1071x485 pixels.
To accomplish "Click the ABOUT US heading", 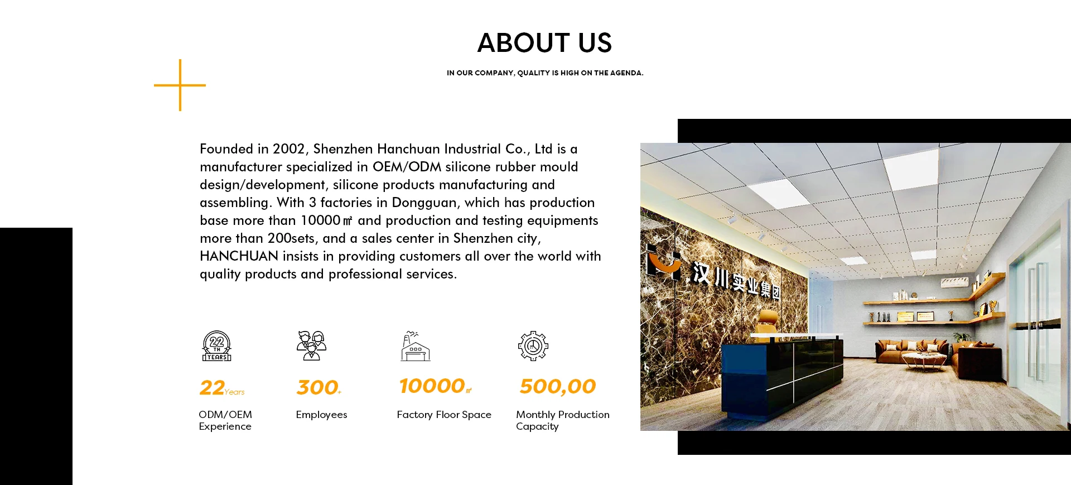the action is click(544, 43).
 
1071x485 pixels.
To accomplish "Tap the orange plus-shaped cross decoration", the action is click(180, 85).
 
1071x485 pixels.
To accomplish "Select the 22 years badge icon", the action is click(216, 346).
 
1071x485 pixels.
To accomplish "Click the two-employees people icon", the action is click(311, 346).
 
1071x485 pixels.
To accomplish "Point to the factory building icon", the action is click(416, 346).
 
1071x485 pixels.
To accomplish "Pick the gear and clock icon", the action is click(533, 346).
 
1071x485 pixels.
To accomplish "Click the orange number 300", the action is click(317, 387).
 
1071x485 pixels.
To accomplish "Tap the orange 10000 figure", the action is click(432, 386).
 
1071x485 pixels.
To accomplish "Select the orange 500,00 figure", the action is click(558, 386).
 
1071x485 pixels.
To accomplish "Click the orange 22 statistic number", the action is click(212, 388).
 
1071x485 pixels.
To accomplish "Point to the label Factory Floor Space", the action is click(444, 415).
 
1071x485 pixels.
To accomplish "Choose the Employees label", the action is click(321, 415).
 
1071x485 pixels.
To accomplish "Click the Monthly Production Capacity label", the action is click(562, 420).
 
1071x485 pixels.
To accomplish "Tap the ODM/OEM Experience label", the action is click(225, 420).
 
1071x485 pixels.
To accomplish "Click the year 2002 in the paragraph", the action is click(288, 149).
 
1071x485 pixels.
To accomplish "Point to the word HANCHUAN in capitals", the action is click(239, 256).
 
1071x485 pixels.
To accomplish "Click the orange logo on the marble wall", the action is click(663, 262).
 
